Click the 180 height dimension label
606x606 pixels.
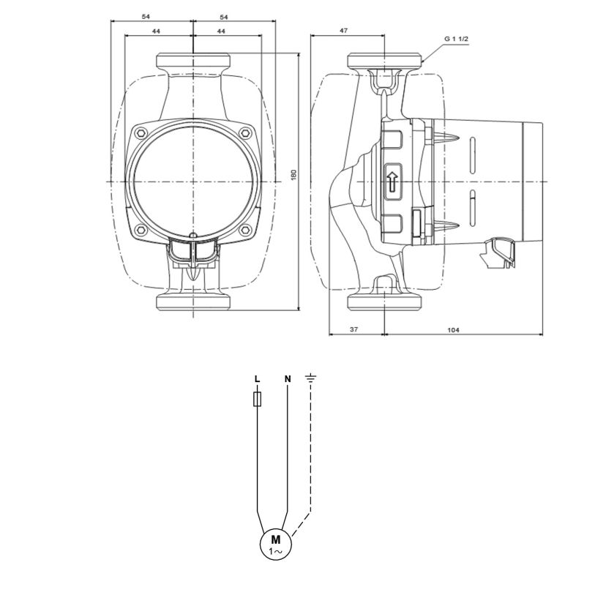293,175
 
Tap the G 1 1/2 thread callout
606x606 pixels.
456,39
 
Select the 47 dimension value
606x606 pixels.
343,31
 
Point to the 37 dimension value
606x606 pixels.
354,329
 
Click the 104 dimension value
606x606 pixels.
453,329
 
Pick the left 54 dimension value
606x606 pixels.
146,17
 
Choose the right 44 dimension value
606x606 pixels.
221,31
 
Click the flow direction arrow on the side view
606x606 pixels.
393,182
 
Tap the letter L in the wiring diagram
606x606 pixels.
258,379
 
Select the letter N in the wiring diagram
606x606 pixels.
288,379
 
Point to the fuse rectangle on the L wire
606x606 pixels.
258,399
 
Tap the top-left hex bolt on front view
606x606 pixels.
141,134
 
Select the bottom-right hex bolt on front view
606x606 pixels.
245,231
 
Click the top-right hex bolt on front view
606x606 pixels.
245,134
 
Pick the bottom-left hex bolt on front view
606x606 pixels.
141,231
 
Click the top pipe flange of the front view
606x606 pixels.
193,61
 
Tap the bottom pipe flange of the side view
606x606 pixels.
385,302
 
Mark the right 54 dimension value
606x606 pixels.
224,17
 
